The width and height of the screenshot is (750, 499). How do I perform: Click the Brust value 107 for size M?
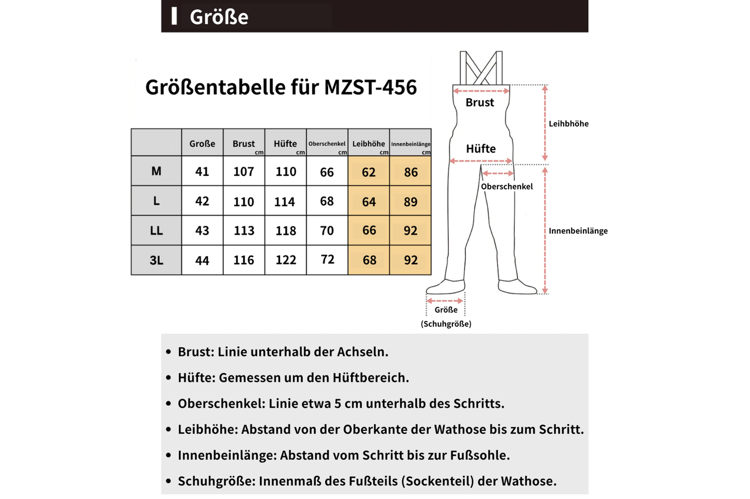(244, 171)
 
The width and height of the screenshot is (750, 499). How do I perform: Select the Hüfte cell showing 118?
(286, 231)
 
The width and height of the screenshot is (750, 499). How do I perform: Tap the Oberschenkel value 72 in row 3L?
(327, 260)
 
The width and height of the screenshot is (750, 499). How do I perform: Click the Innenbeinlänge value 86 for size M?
(411, 172)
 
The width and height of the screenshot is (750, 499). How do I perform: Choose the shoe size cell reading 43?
(202, 231)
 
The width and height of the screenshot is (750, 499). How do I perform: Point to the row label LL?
(156, 230)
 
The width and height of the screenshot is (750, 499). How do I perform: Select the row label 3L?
(156, 260)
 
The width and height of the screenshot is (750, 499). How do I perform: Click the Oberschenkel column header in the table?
(327, 144)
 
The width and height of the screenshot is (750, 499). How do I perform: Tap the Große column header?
(202, 144)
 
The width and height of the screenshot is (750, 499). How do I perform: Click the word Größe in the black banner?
(219, 17)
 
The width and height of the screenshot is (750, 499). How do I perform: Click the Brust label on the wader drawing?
(480, 103)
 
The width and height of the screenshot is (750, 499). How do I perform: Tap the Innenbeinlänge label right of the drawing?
(578, 230)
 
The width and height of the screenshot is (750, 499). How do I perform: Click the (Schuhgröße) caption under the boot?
(446, 324)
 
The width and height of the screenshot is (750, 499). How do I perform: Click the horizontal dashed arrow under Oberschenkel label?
(498, 174)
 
